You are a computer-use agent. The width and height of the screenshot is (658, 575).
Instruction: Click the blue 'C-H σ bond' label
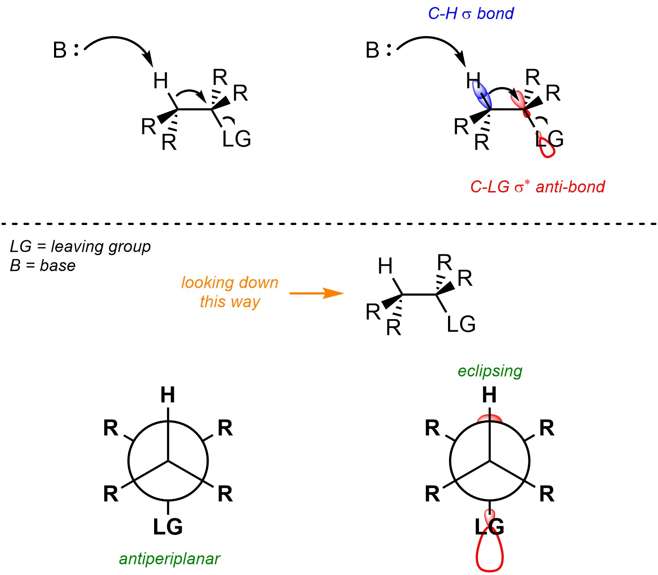pyautogui.click(x=470, y=14)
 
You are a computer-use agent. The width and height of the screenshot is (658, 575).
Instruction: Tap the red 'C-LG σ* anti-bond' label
pyautogui.click(x=537, y=187)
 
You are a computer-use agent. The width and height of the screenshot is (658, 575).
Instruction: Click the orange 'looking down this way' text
pyautogui.click(x=230, y=292)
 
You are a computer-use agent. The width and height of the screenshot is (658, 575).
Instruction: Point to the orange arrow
pyautogui.click(x=316, y=293)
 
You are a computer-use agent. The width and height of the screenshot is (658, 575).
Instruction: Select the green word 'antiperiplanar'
pyautogui.click(x=170, y=558)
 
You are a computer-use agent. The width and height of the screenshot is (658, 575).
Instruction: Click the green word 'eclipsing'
pyautogui.click(x=490, y=371)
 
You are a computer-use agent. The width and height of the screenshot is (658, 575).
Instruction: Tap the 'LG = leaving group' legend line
pyautogui.click(x=80, y=246)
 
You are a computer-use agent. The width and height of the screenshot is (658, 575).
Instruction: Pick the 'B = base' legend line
pyautogui.click(x=43, y=266)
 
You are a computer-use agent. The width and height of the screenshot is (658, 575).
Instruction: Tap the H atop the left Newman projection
pyautogui.click(x=168, y=395)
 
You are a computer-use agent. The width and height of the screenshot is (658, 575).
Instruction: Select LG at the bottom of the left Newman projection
pyautogui.click(x=168, y=527)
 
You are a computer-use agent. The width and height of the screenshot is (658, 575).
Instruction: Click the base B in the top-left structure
pyautogui.click(x=60, y=50)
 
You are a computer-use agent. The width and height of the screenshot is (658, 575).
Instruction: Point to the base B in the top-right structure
pyautogui.click(x=373, y=50)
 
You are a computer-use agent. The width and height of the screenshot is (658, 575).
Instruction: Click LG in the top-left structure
pyautogui.click(x=237, y=139)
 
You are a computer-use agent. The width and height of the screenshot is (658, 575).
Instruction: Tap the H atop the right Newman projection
pyautogui.click(x=490, y=395)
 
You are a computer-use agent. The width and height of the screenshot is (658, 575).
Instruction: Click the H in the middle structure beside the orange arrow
pyautogui.click(x=385, y=267)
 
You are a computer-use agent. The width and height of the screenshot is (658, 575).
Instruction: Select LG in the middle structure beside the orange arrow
pyautogui.click(x=461, y=325)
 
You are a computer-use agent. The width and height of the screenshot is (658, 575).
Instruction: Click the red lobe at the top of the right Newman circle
pyautogui.click(x=490, y=419)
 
